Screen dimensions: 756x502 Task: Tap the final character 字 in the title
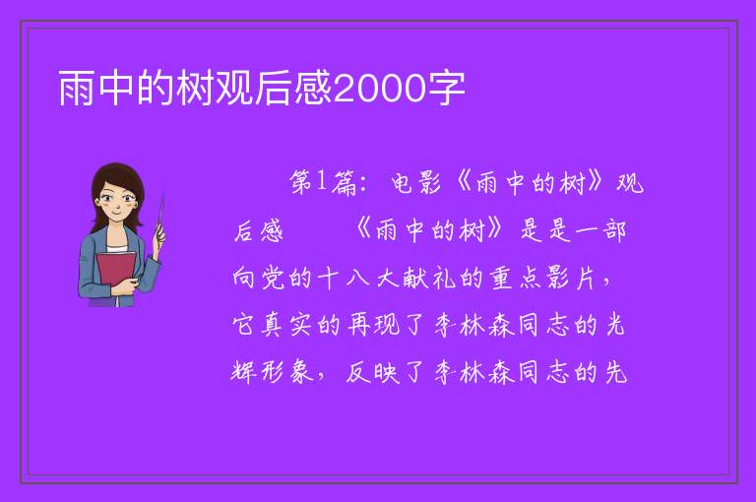[x=446, y=89]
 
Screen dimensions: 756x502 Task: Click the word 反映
[x=373, y=372]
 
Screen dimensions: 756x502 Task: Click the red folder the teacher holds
[x=115, y=273]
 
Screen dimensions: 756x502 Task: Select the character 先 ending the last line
[x=615, y=372]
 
